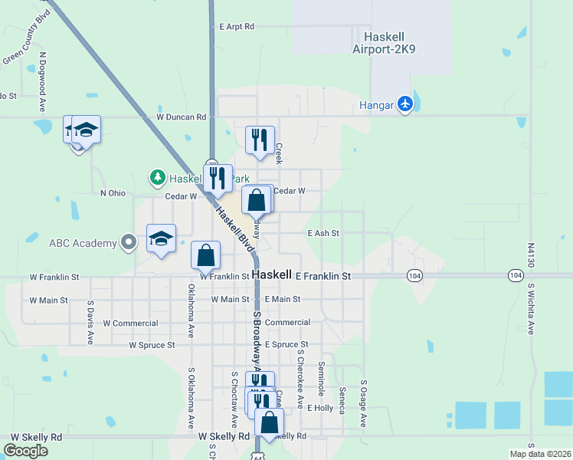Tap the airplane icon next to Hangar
(405, 104)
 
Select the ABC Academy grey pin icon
(129, 243)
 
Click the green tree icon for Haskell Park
(158, 178)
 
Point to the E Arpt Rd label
(236, 26)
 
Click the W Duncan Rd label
(182, 117)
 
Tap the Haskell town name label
(271, 274)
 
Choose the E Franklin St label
(323, 275)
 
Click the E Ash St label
(323, 233)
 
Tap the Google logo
(26, 451)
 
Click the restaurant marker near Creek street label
(260, 140)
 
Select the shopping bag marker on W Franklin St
(206, 255)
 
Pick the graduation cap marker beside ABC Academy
(162, 238)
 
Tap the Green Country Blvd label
(25, 49)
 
